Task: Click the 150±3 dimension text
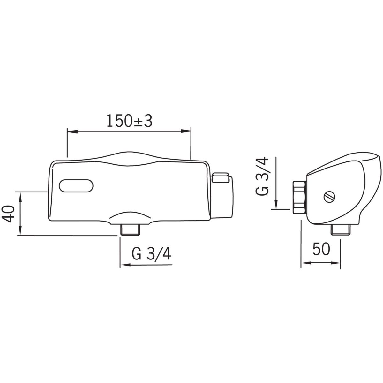pyautogui.click(x=129, y=121)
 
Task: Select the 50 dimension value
pyautogui.click(x=321, y=249)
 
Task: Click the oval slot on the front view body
pyautogui.click(x=76, y=186)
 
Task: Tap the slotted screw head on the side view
pyautogui.click(x=329, y=197)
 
